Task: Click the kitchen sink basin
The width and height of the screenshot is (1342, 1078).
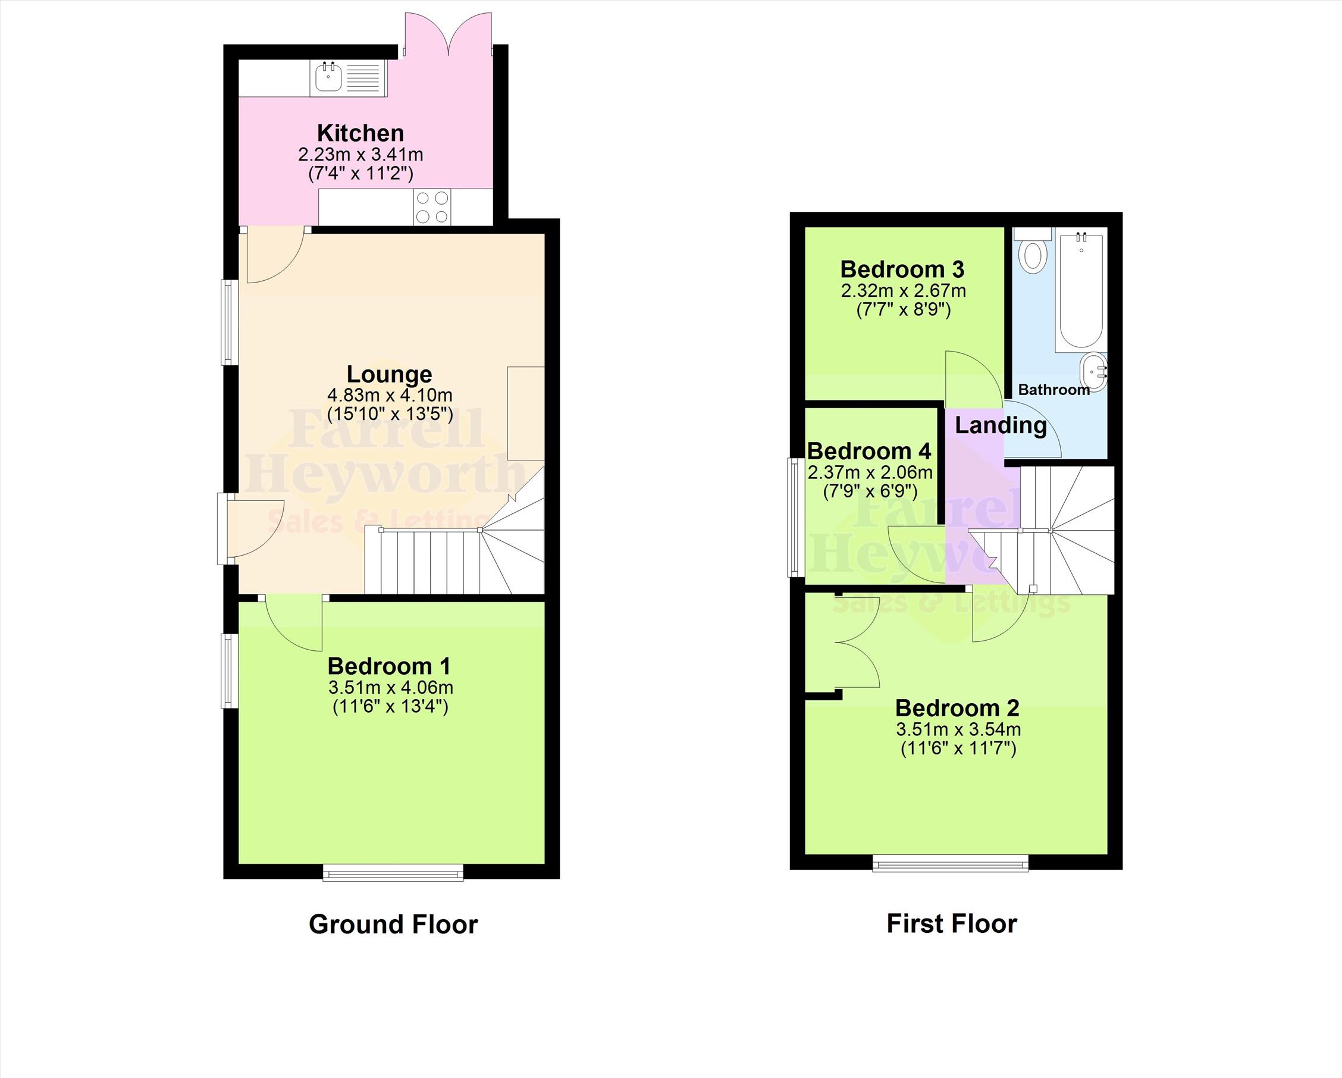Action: pyautogui.click(x=328, y=78)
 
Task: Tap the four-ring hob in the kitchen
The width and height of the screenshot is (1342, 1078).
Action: pyautogui.click(x=432, y=207)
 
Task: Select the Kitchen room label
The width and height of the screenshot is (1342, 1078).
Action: pyautogui.click(x=360, y=133)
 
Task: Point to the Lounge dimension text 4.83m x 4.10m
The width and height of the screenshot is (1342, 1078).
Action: pyautogui.click(x=390, y=395)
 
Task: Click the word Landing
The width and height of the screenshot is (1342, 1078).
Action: pyautogui.click(x=1001, y=426)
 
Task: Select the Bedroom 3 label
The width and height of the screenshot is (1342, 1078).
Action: pyautogui.click(x=902, y=269)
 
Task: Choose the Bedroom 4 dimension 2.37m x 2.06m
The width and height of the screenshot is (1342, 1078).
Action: pyautogui.click(x=870, y=472)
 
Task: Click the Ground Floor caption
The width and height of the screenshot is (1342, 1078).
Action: pyautogui.click(x=393, y=925)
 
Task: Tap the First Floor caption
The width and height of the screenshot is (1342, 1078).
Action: pyautogui.click(x=952, y=924)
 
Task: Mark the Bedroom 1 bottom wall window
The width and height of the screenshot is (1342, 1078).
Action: pyautogui.click(x=393, y=873)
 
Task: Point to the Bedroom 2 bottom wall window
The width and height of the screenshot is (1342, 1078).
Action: pyautogui.click(x=951, y=863)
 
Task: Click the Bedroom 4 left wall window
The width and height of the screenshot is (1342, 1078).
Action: pyautogui.click(x=795, y=516)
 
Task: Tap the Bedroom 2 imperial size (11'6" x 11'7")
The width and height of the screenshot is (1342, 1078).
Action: pyautogui.click(x=958, y=748)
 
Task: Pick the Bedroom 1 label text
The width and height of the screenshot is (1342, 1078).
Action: pyautogui.click(x=389, y=666)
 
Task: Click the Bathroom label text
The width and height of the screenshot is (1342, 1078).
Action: pyautogui.click(x=1054, y=390)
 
